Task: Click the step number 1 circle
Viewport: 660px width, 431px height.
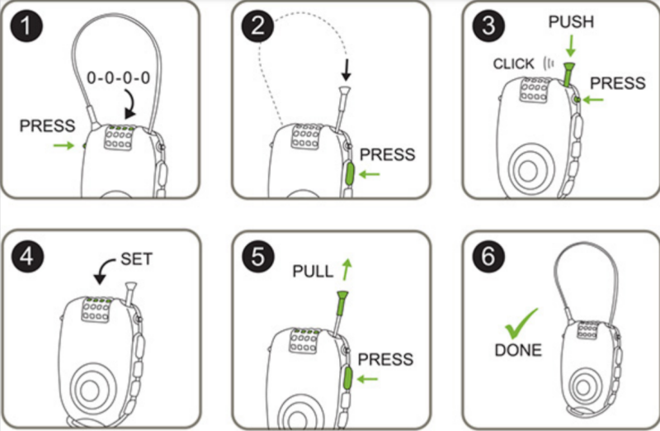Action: coord(29,29)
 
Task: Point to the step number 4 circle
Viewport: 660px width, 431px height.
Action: coord(29,257)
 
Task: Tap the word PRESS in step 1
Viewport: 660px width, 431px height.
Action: coord(48,126)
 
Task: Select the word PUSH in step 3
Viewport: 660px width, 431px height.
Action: coord(571,22)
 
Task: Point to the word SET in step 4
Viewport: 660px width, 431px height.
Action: coord(137,258)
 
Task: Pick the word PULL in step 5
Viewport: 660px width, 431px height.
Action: coord(313,270)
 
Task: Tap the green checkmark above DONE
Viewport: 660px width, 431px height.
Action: coord(521,323)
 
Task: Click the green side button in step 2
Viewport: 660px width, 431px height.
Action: coord(349,175)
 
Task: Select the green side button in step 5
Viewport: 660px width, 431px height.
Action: coord(349,379)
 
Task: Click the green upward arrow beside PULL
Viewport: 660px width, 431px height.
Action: coord(346,268)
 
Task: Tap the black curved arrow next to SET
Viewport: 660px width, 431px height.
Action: coord(106,268)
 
